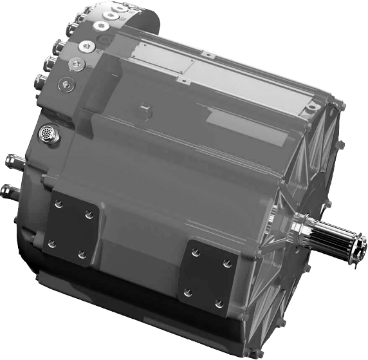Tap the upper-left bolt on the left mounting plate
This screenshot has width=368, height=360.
59,204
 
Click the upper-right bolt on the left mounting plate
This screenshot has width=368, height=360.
88,214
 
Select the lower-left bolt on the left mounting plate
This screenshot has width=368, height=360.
51,244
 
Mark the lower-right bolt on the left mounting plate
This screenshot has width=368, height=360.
82,255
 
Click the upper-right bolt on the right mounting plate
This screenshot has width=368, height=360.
226,262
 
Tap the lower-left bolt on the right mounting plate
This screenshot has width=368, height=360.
187,292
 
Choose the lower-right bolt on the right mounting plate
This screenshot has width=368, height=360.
218,303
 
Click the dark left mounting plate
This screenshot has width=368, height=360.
71,229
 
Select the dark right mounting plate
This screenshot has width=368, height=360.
207,277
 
